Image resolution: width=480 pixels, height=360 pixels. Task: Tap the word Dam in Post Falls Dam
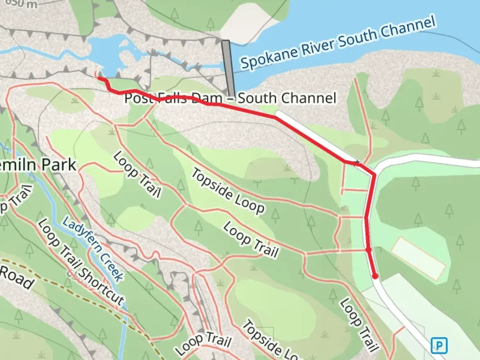tap(207, 98)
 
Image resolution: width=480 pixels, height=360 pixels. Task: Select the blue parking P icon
tap(439, 345)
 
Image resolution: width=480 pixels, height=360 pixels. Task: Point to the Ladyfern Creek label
tap(93, 249)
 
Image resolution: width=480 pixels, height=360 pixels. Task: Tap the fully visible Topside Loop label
tap(228, 191)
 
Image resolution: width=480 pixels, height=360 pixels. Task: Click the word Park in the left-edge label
tap(59, 165)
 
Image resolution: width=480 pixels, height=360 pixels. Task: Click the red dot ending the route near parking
tap(375, 276)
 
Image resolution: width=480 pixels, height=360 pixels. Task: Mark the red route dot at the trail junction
tap(368, 249)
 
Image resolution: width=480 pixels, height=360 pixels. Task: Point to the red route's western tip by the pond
tap(99, 78)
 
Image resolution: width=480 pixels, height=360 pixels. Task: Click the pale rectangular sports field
tap(418, 259)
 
